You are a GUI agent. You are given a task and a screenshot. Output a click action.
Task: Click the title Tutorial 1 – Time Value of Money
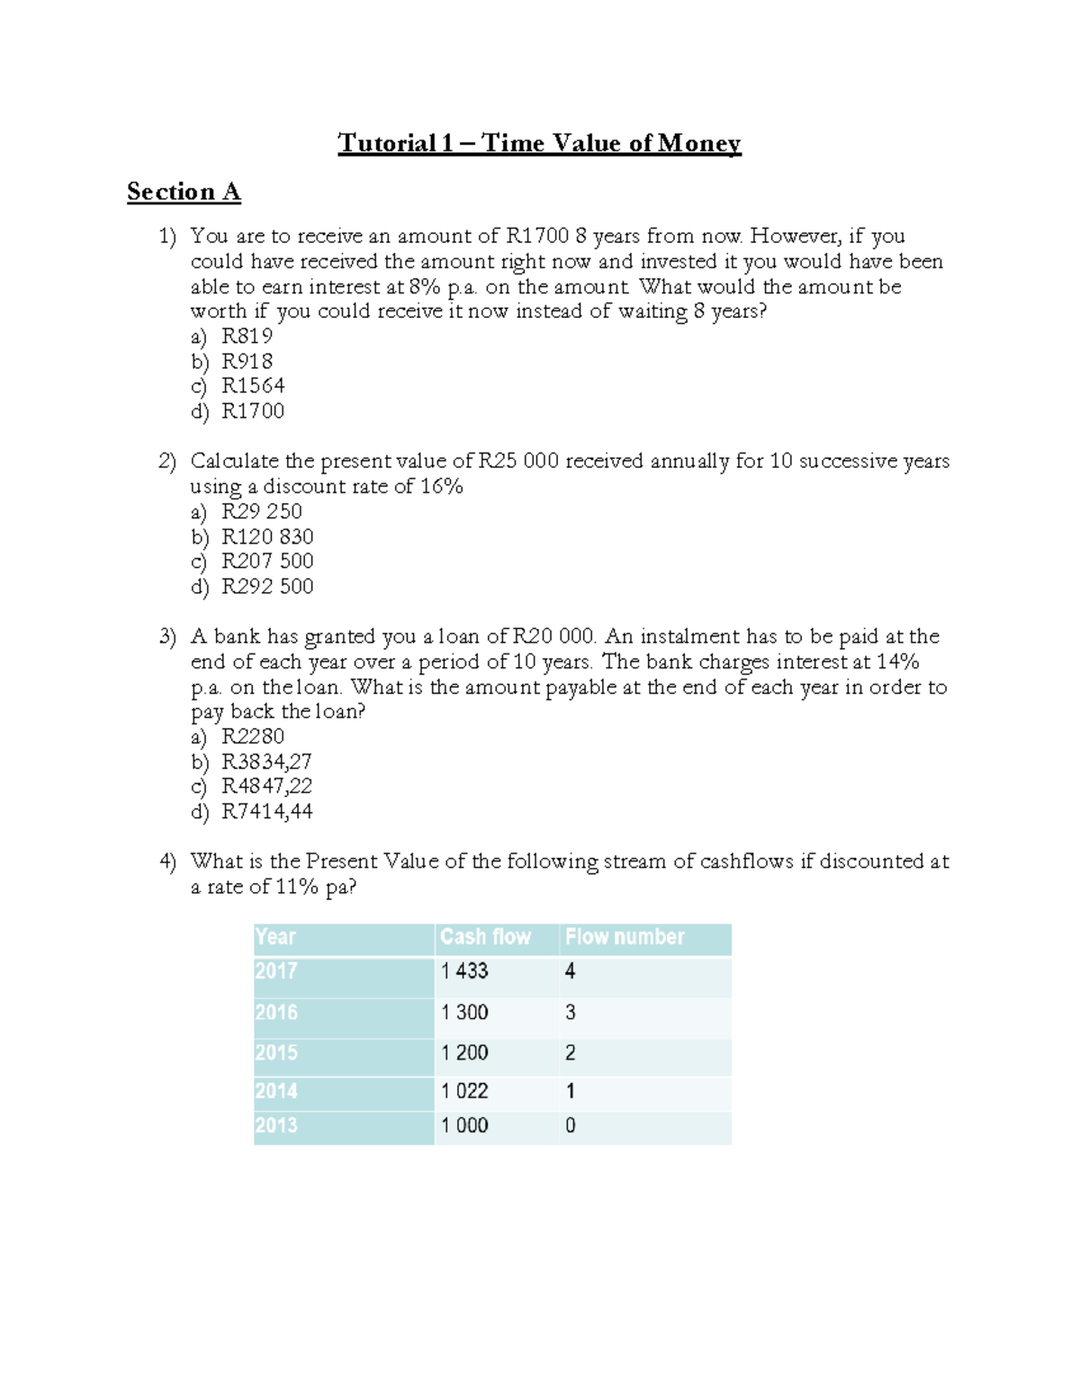(x=539, y=143)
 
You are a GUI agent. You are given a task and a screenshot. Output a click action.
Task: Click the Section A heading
(x=184, y=192)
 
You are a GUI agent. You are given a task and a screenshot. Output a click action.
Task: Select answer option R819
(x=247, y=336)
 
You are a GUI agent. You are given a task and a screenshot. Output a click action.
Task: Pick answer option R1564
(x=253, y=385)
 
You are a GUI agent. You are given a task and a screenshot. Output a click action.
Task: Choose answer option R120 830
(x=267, y=537)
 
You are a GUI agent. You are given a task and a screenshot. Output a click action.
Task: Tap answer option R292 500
(x=267, y=586)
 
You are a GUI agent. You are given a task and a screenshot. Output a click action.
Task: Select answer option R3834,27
(x=266, y=762)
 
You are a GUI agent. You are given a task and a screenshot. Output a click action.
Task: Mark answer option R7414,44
(x=266, y=811)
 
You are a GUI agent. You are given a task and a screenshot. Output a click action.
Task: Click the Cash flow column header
(x=485, y=937)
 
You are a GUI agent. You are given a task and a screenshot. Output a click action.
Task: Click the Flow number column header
(x=625, y=937)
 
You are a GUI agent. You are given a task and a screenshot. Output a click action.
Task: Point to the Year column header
(x=275, y=937)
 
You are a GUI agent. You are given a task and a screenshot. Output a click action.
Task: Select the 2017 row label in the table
(x=276, y=971)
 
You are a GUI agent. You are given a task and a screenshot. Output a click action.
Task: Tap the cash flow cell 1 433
(x=464, y=971)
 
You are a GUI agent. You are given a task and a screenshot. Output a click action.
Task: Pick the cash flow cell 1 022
(x=464, y=1091)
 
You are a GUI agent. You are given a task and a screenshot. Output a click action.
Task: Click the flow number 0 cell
(x=570, y=1125)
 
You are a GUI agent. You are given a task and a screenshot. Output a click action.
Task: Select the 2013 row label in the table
(x=276, y=1125)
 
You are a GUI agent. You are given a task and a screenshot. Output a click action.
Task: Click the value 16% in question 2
(x=442, y=486)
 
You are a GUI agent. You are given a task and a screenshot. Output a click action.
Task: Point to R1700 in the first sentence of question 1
(x=537, y=236)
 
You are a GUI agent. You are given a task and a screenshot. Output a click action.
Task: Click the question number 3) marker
(x=167, y=636)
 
